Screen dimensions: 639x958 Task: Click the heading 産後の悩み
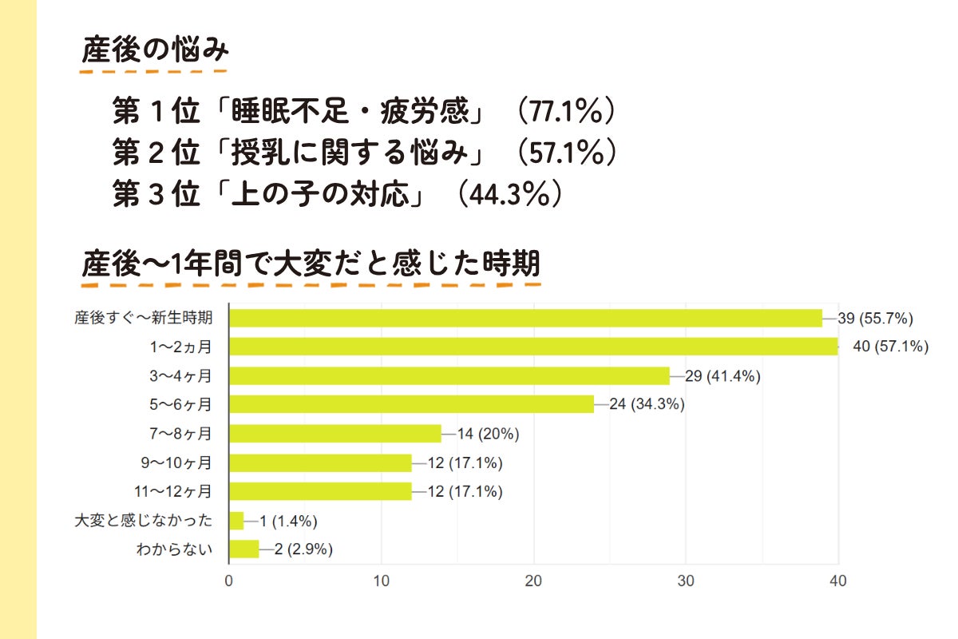pos(156,51)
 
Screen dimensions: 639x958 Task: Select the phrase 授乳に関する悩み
pos(346,153)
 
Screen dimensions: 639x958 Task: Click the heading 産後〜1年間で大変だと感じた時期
pos(311,263)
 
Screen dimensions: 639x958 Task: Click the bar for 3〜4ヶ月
pos(449,375)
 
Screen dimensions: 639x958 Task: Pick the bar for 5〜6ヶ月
pos(411,404)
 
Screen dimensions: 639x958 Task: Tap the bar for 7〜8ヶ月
pos(335,434)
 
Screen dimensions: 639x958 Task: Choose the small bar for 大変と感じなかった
pos(236,521)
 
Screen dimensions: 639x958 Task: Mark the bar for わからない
pos(244,550)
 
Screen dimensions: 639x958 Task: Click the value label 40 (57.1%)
pos(890,347)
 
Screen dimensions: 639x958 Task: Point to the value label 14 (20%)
pos(489,434)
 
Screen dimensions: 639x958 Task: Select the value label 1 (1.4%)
pos(288,521)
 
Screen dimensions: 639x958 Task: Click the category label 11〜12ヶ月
pos(174,492)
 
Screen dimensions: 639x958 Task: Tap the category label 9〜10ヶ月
pos(177,462)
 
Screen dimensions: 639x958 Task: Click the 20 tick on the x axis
pos(533,581)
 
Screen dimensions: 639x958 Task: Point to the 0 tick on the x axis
pos(229,581)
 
